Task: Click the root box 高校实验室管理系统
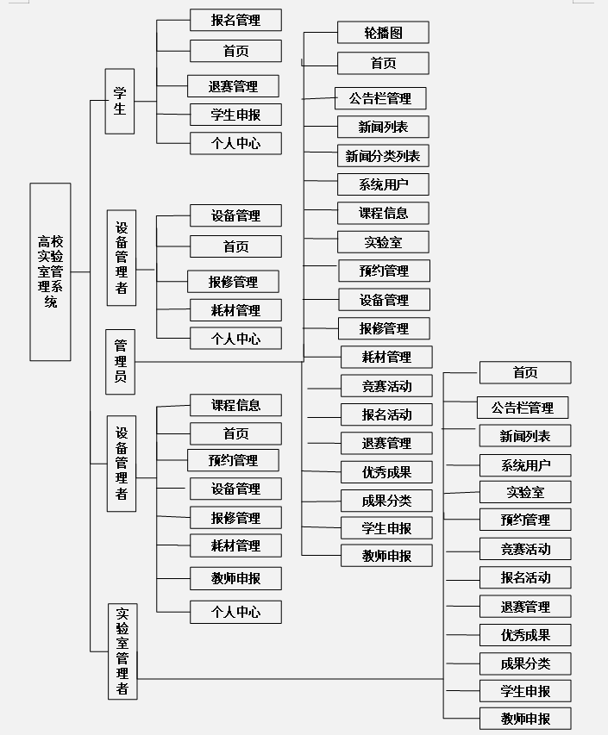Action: (x=50, y=271)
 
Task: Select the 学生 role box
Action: (x=120, y=101)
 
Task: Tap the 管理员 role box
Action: (x=120, y=361)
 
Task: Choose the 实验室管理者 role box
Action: (x=122, y=651)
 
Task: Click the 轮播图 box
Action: (x=383, y=33)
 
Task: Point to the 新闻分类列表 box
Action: (x=383, y=156)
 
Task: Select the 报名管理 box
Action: (x=235, y=20)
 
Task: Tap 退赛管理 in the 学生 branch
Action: (x=233, y=86)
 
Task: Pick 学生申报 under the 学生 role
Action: (x=235, y=115)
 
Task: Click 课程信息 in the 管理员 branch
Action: (x=383, y=213)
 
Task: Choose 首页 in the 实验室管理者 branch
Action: (x=524, y=372)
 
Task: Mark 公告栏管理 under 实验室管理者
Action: (x=523, y=408)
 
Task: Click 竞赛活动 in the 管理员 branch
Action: (x=387, y=385)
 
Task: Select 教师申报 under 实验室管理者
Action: (x=524, y=719)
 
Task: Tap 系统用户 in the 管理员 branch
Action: (x=383, y=184)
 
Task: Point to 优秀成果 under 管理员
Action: (x=387, y=472)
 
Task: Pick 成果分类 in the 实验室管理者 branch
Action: (x=524, y=663)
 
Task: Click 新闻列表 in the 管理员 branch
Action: (x=383, y=128)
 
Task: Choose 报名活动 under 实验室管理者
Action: (x=524, y=577)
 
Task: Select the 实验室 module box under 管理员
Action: (x=383, y=243)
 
